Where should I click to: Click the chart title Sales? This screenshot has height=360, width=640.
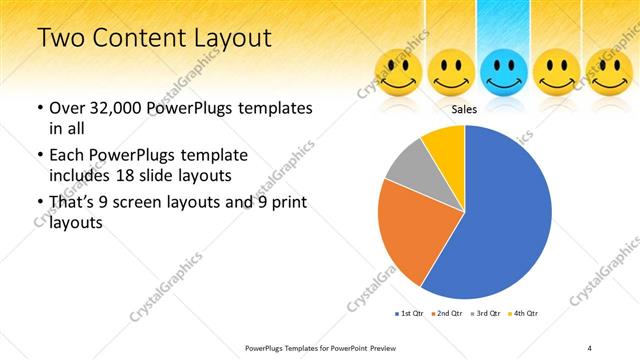464,109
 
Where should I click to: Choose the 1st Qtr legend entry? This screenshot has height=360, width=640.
410,314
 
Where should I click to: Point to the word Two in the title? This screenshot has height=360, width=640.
62,39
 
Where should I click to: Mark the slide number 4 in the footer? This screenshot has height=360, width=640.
590,347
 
